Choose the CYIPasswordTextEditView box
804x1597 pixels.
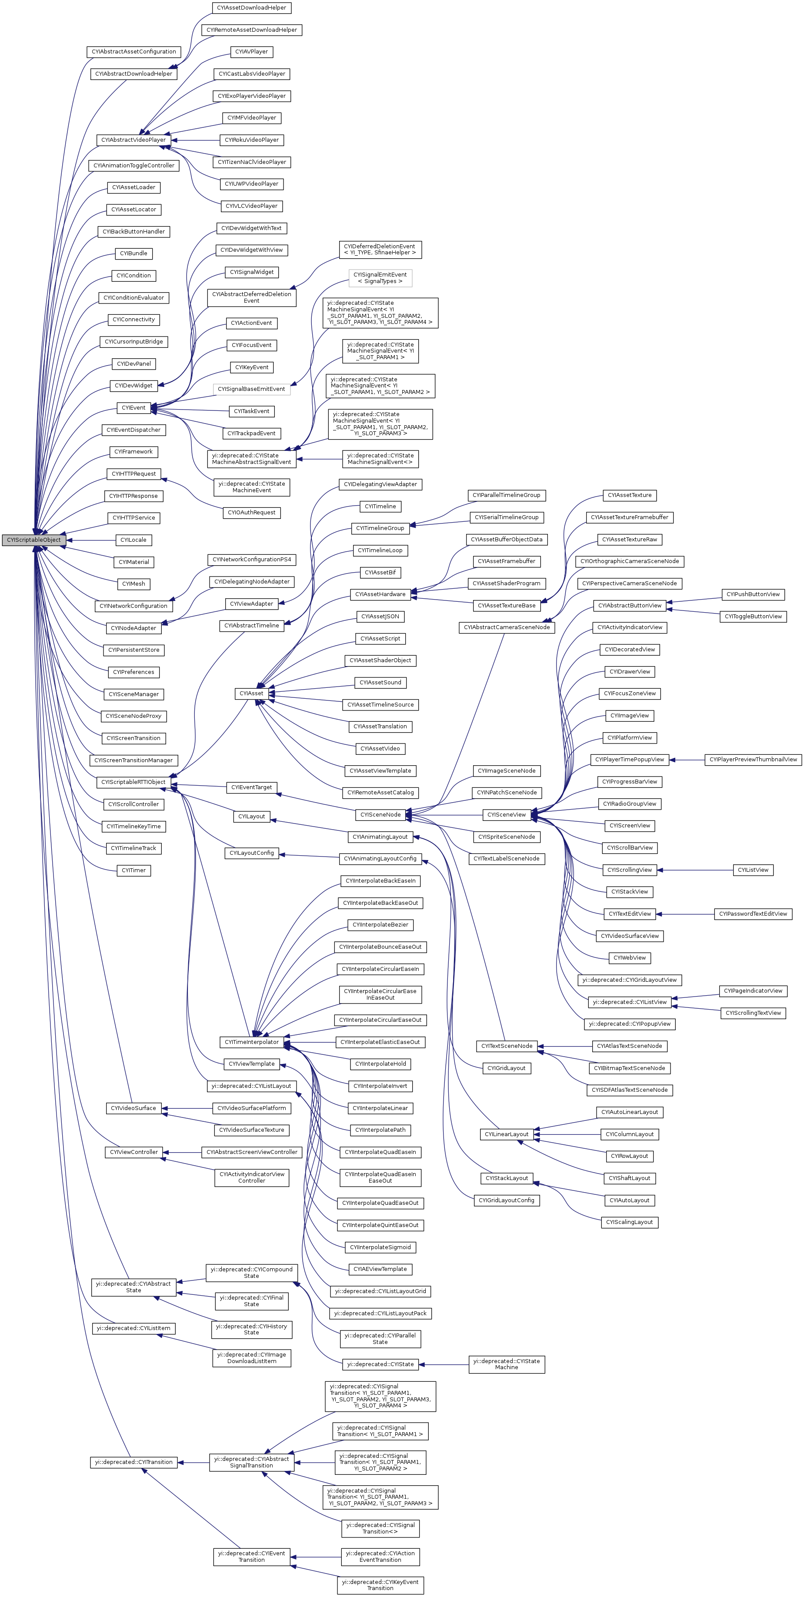tap(753, 914)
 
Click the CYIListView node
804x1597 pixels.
tap(753, 870)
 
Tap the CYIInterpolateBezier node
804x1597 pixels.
tap(380, 925)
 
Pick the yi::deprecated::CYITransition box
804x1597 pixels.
tap(133, 1463)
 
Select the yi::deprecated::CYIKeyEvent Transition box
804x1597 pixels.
tap(380, 1585)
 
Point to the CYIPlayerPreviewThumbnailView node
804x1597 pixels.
tap(753, 760)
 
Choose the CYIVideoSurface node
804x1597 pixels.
tap(133, 1108)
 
